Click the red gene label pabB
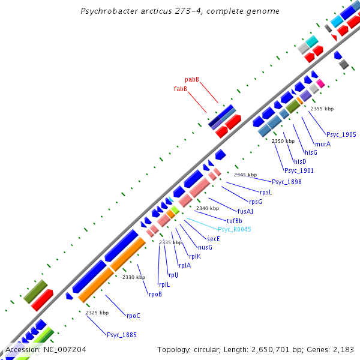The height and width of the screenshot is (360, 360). point(192,79)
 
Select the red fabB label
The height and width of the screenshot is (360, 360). point(181,89)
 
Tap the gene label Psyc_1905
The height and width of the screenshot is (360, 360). point(341,134)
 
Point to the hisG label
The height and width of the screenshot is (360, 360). point(311,152)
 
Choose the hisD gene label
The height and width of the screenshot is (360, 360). point(300,161)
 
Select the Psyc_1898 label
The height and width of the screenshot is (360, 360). point(287,182)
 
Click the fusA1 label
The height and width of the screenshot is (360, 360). point(245,211)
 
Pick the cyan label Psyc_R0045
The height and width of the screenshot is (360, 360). point(235,229)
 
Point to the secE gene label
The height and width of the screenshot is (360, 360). point(214,238)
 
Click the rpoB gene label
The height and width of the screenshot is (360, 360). point(155,293)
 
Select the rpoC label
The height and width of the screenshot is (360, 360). point(133,315)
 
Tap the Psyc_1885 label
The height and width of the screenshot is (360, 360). point(122,334)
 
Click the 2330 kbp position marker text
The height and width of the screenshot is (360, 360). point(134,277)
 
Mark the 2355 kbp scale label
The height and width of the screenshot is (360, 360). point(322,109)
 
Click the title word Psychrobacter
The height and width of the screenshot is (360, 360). point(109,11)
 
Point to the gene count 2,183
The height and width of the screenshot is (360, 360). point(342,349)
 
